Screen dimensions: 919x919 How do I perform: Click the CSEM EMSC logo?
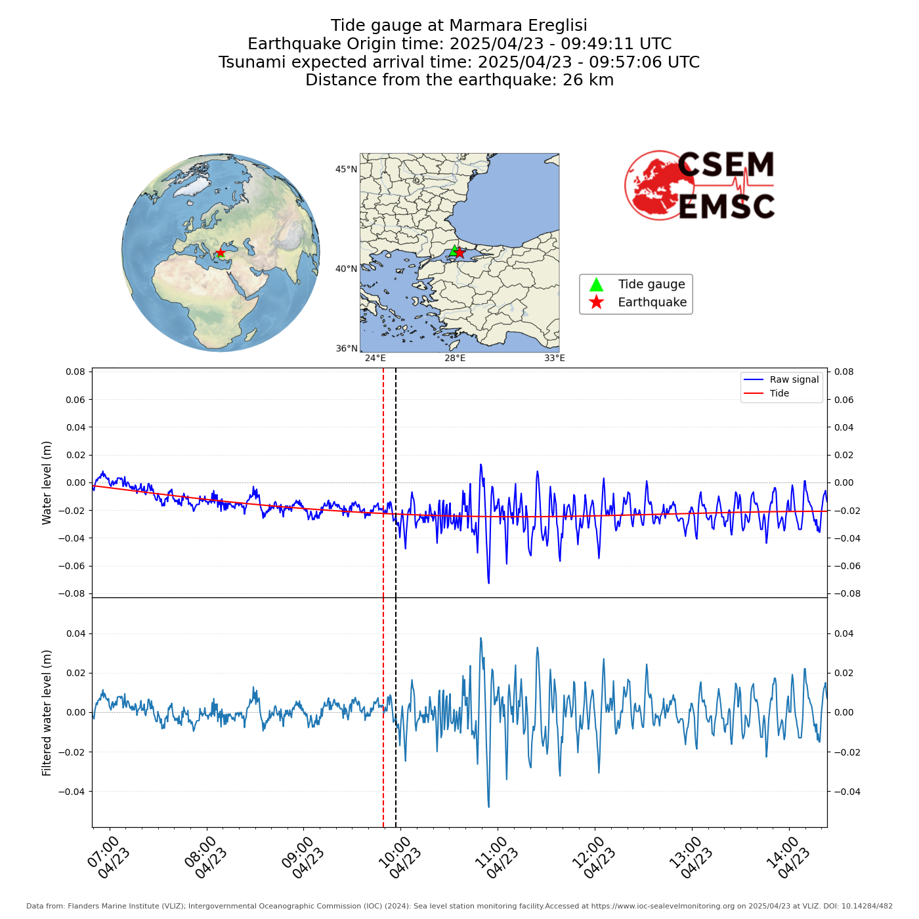point(700,185)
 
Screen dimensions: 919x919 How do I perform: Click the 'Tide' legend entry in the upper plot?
point(779,393)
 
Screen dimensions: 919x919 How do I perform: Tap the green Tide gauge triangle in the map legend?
point(596,284)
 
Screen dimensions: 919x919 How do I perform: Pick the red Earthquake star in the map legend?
point(596,302)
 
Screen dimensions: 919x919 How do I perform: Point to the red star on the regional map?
point(460,253)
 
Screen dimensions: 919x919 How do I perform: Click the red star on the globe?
point(221,253)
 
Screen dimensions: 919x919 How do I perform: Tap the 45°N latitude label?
point(346,169)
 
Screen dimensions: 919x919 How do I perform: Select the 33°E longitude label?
point(554,358)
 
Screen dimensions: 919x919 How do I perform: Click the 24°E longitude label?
point(375,358)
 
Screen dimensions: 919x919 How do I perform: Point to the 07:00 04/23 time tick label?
point(109,857)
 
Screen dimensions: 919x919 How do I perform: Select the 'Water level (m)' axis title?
point(47,482)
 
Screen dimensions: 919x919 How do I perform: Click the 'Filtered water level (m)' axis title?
point(47,712)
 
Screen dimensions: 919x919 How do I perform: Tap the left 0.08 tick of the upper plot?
point(75,372)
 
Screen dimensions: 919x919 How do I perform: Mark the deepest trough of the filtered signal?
point(488,807)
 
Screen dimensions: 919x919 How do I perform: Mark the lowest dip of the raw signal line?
point(488,583)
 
